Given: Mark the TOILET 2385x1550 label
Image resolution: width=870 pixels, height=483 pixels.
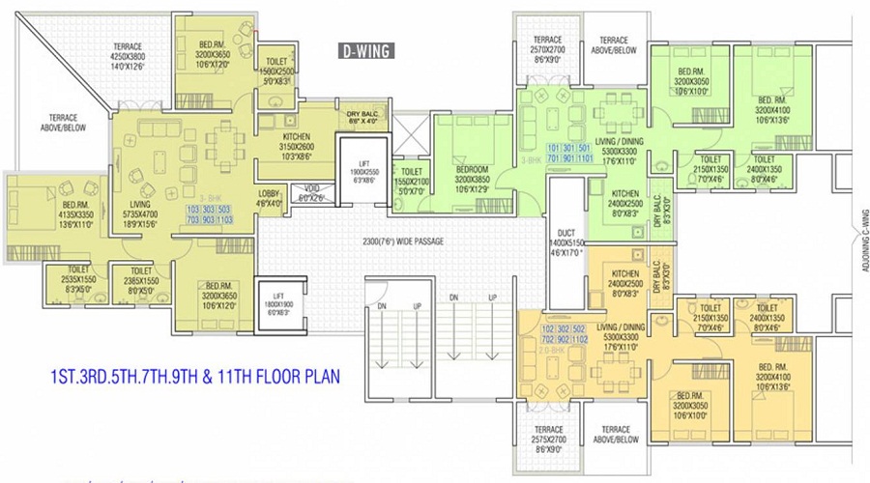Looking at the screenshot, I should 141,281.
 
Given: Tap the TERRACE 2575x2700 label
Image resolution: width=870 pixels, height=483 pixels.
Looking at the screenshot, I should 539,441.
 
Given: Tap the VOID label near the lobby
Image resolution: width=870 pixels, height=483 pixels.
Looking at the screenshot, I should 311,192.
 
